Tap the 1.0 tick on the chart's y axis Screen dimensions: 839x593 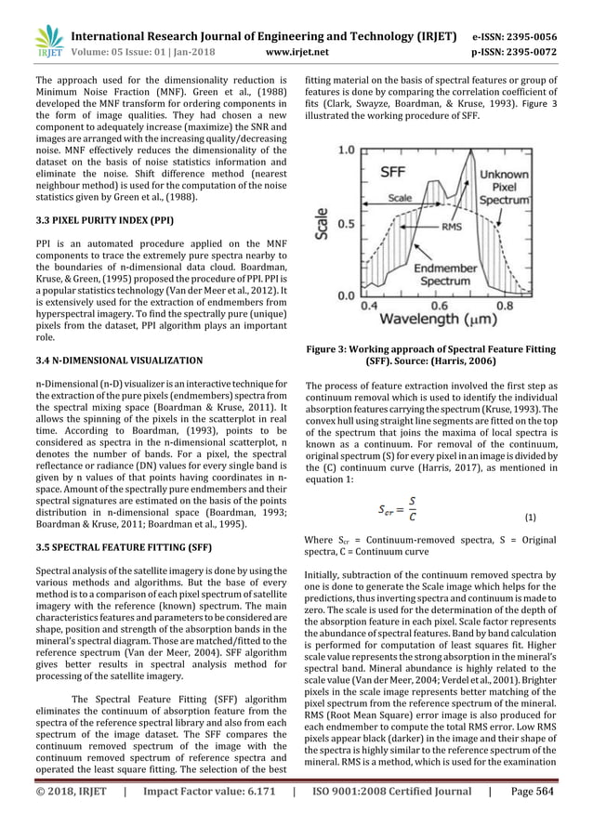(x=344, y=149)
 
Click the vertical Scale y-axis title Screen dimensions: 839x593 (x=321, y=223)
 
